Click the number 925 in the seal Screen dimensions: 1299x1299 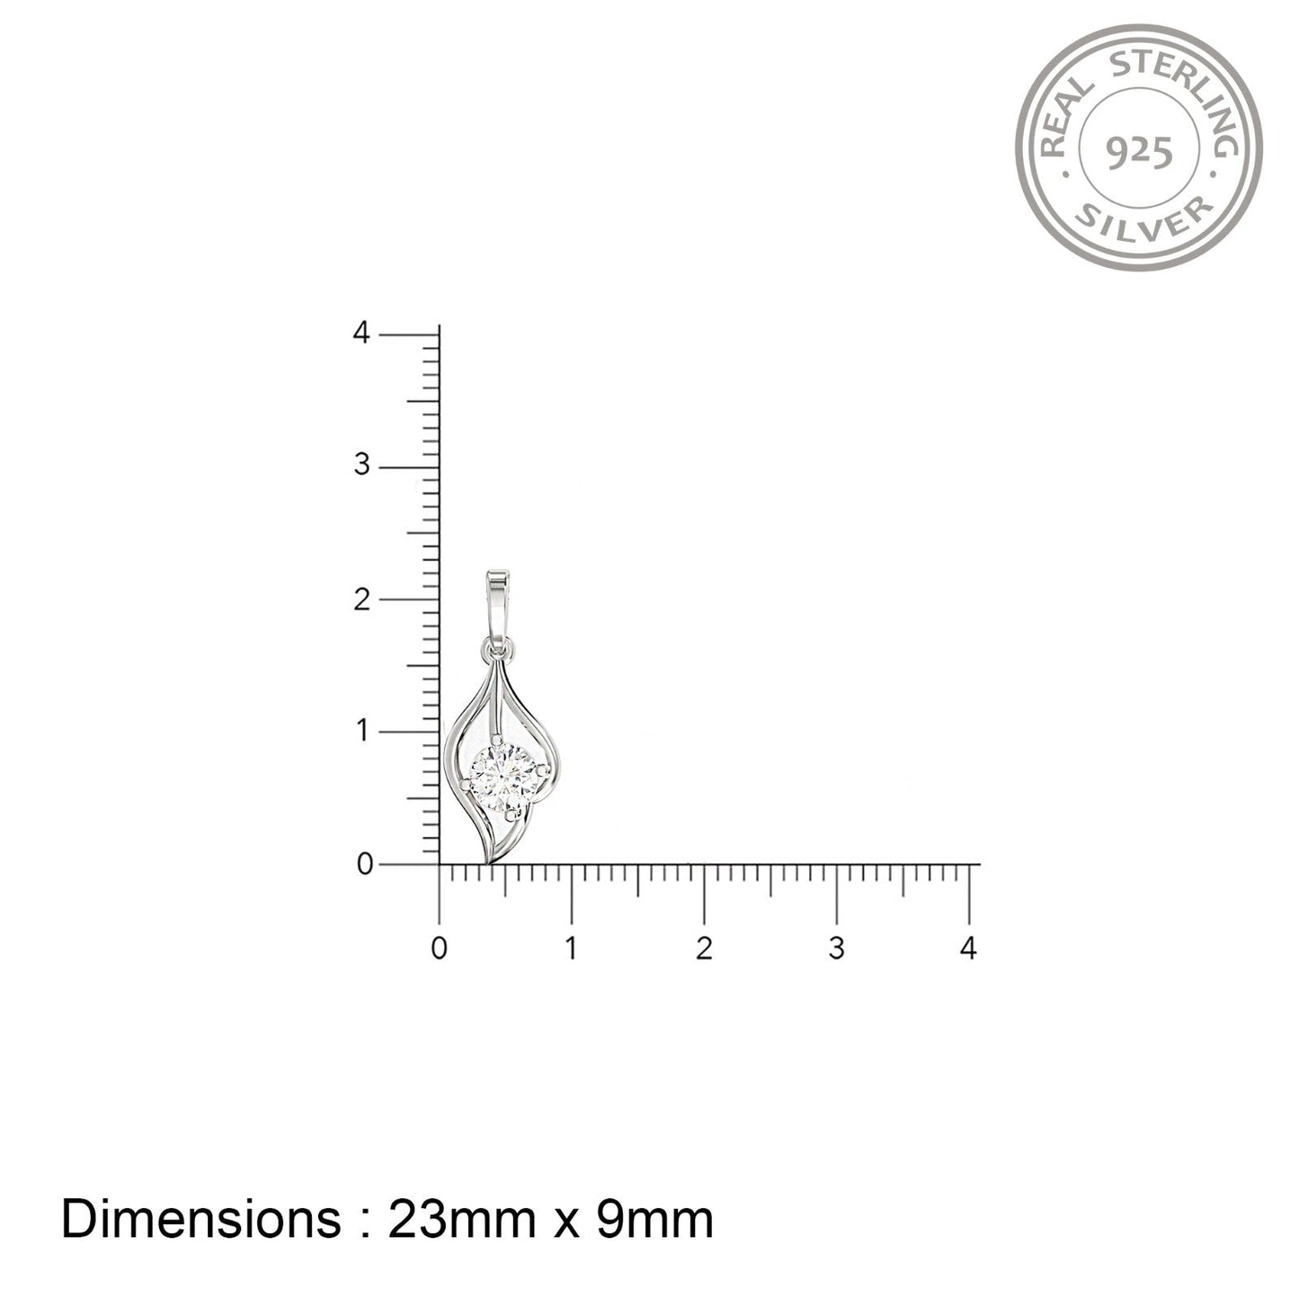point(1139,153)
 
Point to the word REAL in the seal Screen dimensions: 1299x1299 point(1064,118)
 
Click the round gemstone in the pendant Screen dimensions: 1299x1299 point(504,779)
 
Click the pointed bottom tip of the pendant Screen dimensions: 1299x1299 point(487,862)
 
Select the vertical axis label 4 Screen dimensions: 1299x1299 point(361,333)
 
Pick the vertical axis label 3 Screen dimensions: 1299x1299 point(362,465)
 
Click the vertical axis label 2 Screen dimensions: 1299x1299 point(362,599)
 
